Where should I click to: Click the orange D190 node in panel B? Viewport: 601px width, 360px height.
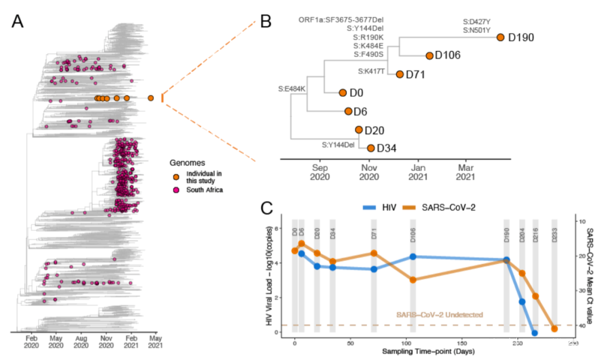tap(500, 37)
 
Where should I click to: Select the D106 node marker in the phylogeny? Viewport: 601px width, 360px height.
tap(430, 56)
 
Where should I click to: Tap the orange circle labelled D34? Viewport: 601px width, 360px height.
tap(371, 148)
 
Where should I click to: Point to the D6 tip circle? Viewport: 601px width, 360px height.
tap(348, 111)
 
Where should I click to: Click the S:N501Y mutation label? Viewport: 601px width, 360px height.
tap(476, 30)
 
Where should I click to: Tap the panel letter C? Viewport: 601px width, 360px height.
tap(267, 208)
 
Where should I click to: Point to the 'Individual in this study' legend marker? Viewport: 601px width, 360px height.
tap(176, 176)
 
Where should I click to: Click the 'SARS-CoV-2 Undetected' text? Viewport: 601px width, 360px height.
tap(440, 315)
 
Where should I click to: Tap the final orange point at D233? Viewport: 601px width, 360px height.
tap(554, 329)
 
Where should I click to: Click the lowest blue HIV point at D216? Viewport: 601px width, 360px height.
tap(535, 333)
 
